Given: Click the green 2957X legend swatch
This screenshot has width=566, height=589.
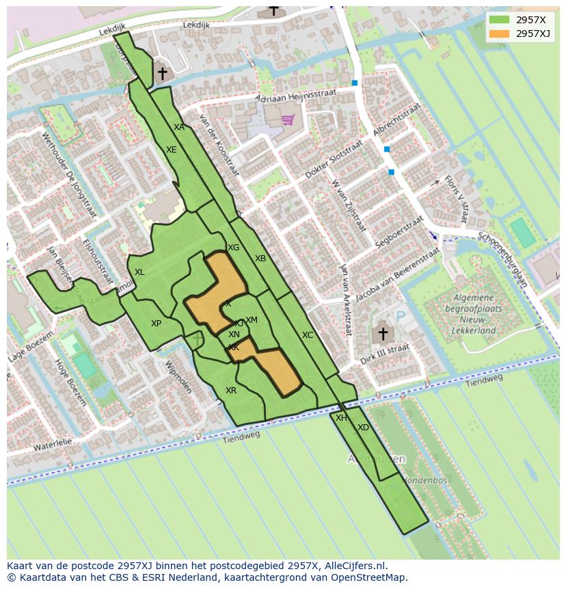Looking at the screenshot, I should [x=499, y=20].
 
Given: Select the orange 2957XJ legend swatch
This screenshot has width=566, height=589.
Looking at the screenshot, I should [x=499, y=34].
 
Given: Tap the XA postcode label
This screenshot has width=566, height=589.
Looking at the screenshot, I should [x=179, y=127].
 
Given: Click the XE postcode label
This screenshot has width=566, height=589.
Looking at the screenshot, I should [x=172, y=150].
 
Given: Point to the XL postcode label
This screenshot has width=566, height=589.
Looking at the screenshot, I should [x=139, y=272].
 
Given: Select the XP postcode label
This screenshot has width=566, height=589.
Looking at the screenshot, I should [x=157, y=324].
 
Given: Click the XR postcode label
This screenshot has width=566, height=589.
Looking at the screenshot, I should [x=231, y=391].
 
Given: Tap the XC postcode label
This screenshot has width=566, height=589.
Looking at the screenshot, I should [x=308, y=335].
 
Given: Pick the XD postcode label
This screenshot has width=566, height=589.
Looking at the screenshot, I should [x=363, y=428].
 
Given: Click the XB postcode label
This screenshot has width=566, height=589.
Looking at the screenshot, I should [x=260, y=259].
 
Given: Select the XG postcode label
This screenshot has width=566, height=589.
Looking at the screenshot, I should [x=234, y=248].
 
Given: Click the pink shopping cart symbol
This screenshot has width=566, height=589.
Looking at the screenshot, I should [x=288, y=120].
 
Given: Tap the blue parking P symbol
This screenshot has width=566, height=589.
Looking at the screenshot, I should [x=401, y=317].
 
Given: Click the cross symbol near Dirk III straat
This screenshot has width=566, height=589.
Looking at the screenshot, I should [x=383, y=334].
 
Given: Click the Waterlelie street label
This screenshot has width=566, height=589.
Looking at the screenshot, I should [x=53, y=445].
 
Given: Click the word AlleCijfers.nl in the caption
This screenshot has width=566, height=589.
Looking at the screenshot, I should [x=355, y=566].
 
